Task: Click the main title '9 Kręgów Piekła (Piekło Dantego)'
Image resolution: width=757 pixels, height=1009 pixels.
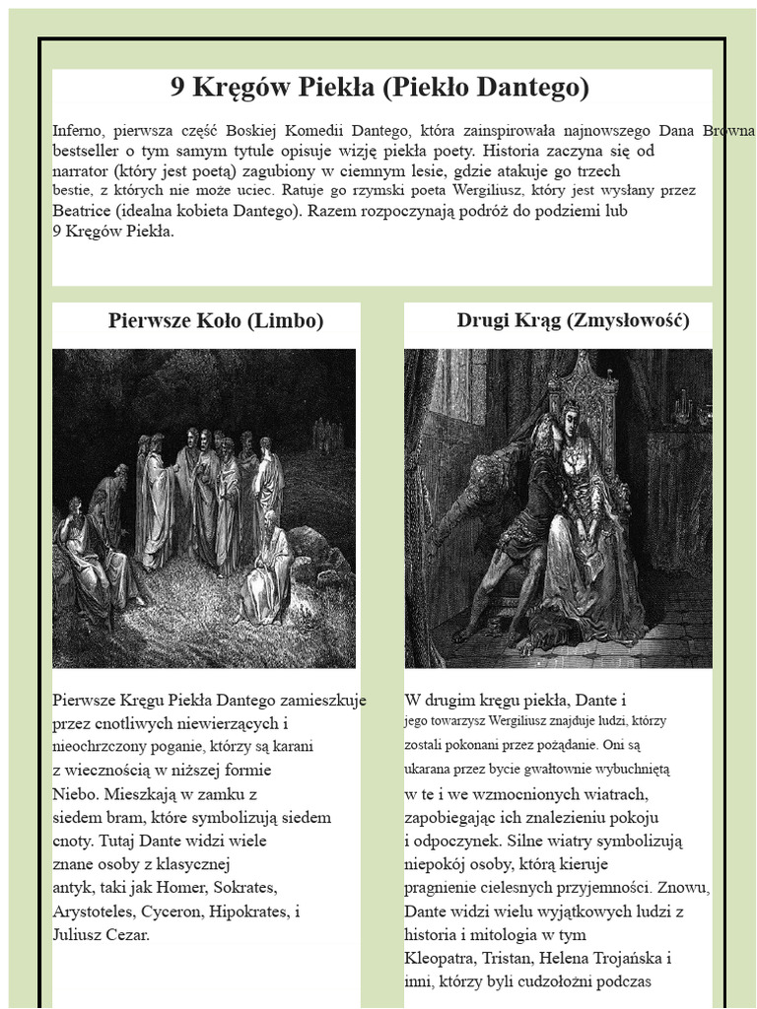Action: [379, 89]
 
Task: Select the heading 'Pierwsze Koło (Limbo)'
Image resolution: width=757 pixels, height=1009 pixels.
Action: [216, 321]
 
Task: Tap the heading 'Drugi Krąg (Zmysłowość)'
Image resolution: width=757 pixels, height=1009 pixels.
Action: [573, 321]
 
